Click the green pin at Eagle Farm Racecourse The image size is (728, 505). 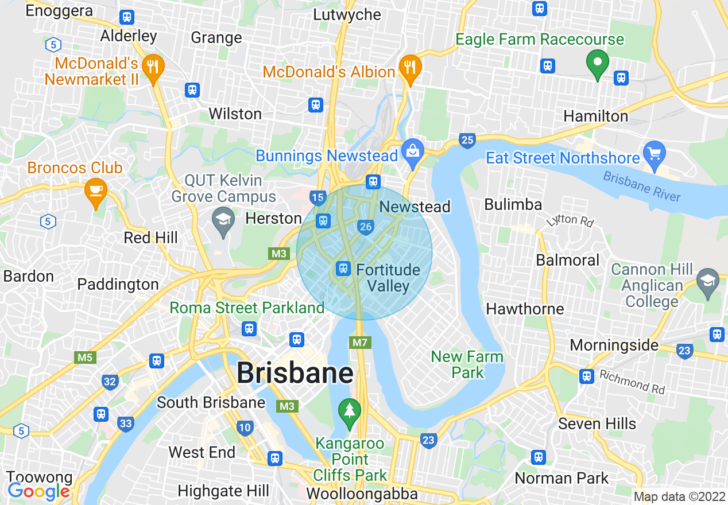[597, 63]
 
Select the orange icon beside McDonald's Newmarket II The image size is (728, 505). [153, 67]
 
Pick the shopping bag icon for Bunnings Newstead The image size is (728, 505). [412, 151]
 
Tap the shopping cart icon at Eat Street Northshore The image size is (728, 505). [655, 154]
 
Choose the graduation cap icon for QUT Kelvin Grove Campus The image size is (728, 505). [223, 219]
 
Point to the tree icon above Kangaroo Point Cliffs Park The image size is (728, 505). [348, 411]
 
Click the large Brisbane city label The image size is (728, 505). [295, 373]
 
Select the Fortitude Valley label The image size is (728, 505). [388, 278]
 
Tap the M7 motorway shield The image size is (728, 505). [360, 343]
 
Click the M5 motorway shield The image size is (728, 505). [85, 358]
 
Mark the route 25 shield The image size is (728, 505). [467, 139]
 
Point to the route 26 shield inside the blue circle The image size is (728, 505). [365, 227]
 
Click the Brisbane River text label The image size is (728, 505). [642, 187]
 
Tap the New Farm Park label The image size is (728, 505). [467, 364]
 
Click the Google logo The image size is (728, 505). [38, 491]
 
